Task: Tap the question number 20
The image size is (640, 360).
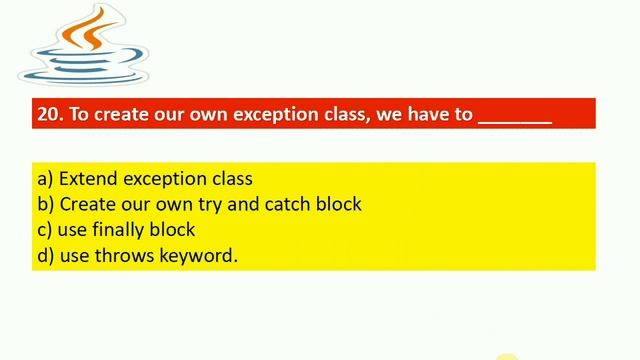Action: (48, 114)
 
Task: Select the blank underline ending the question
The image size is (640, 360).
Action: (515, 116)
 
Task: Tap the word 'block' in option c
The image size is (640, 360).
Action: (174, 230)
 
